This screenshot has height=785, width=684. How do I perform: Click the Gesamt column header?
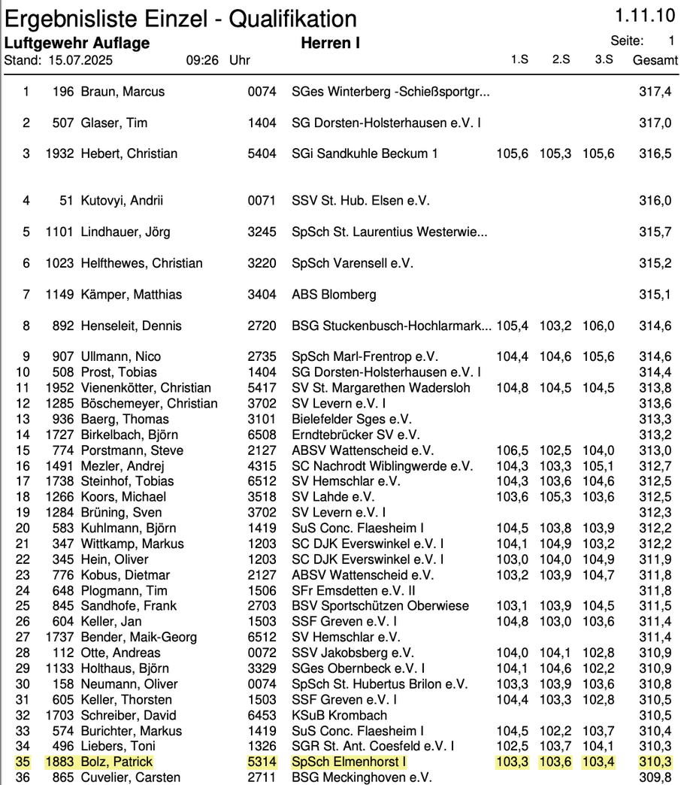[x=655, y=60]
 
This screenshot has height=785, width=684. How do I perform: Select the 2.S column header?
[x=561, y=59]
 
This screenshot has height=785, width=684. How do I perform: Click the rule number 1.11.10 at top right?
[x=645, y=17]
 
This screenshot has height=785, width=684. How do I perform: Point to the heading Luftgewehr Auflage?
[x=77, y=43]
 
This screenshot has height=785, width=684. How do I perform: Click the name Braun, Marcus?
[x=123, y=92]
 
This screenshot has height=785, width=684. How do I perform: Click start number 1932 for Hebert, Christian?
[x=59, y=153]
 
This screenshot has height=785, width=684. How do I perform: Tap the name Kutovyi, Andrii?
[x=122, y=201]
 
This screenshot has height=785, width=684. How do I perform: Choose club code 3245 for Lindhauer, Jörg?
[x=262, y=232]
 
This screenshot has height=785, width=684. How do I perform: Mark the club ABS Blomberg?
[x=334, y=294]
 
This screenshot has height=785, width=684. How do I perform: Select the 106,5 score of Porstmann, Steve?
[x=513, y=450]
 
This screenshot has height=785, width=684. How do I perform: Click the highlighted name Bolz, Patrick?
[x=117, y=762]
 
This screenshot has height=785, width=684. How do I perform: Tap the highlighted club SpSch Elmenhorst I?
[x=348, y=762]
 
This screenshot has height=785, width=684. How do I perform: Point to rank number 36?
[x=26, y=777]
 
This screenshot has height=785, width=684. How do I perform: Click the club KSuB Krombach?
[x=339, y=715]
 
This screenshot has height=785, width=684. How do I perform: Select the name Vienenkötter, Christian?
[x=146, y=388]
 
